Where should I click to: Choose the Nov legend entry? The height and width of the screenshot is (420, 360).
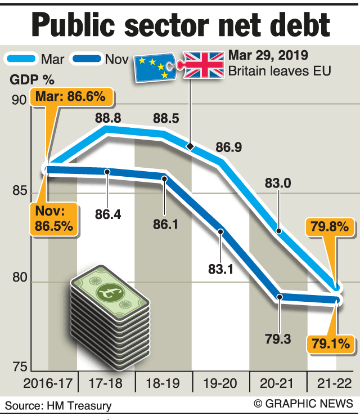(105, 59)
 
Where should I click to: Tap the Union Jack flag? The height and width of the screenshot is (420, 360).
(205, 65)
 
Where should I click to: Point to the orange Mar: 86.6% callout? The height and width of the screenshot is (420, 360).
(70, 97)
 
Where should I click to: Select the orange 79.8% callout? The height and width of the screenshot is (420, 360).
(330, 227)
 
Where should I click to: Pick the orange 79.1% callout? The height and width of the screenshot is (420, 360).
(330, 342)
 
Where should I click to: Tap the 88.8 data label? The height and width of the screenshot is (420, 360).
(109, 118)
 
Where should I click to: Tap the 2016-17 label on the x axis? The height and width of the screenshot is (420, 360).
(47, 384)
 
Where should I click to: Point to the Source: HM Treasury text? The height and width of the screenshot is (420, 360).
(59, 405)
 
